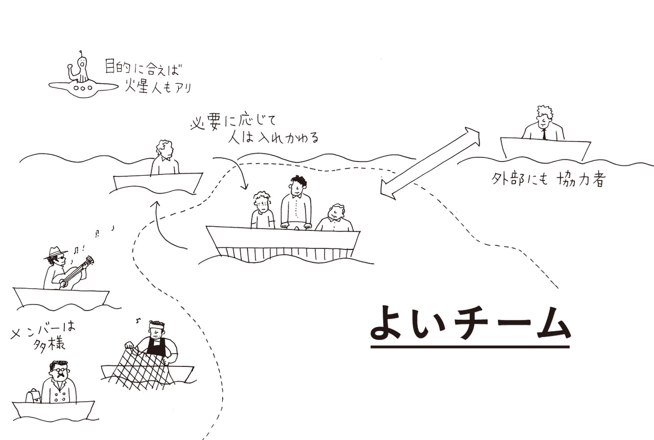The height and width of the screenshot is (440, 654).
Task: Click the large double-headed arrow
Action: click(x=430, y=163)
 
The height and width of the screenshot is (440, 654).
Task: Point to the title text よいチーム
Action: click(x=470, y=323)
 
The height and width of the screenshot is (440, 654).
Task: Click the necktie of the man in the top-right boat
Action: click(x=544, y=134)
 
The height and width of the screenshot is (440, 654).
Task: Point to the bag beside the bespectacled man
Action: click(x=33, y=396)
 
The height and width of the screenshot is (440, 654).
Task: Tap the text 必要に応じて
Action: click(x=232, y=123)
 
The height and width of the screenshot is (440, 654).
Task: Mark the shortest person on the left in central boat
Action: click(x=262, y=211)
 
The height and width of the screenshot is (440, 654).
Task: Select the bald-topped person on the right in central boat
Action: click(x=335, y=218)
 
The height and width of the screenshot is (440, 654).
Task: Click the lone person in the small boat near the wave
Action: click(x=165, y=158)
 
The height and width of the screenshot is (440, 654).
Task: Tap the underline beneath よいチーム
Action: click(x=470, y=347)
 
